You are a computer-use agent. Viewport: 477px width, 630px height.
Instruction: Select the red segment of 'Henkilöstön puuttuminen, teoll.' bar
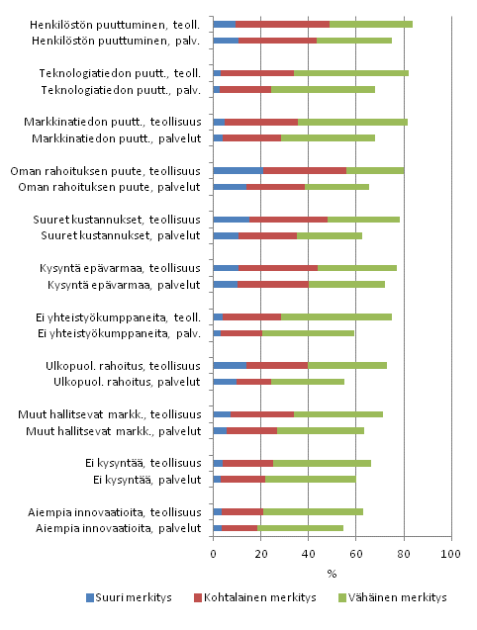pyautogui.click(x=282, y=24)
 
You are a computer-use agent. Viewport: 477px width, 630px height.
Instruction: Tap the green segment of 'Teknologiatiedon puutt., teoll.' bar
pyautogui.click(x=351, y=72)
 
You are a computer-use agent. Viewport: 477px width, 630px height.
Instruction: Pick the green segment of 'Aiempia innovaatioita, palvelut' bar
pyautogui.click(x=300, y=528)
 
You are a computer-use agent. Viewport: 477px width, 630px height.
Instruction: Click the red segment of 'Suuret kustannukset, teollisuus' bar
pyautogui.click(x=288, y=219)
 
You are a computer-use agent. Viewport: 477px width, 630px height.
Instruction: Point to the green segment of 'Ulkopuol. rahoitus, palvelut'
pyautogui.click(x=308, y=382)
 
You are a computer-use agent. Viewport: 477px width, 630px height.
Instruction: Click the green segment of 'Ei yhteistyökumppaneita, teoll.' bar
pyautogui.click(x=336, y=316)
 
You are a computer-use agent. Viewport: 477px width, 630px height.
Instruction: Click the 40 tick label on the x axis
pyautogui.click(x=309, y=555)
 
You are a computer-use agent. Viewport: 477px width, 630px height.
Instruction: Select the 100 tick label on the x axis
pyautogui.click(x=451, y=555)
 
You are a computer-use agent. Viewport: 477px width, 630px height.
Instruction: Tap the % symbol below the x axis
pyautogui.click(x=333, y=573)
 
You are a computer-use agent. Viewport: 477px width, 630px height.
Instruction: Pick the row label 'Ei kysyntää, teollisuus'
pyautogui.click(x=142, y=463)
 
